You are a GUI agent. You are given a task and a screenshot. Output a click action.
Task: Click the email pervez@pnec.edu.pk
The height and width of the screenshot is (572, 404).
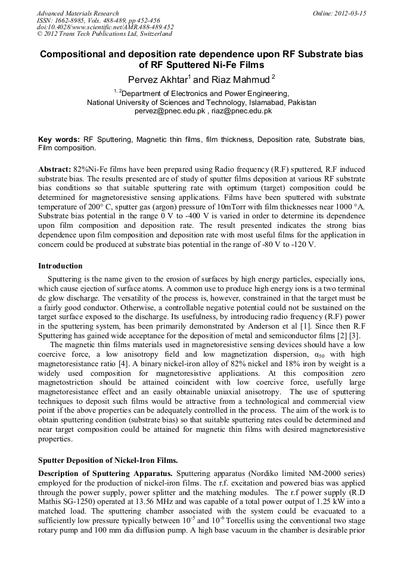pos(170,111)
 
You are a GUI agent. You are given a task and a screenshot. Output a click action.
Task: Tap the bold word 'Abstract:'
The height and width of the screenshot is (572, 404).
pos(54,169)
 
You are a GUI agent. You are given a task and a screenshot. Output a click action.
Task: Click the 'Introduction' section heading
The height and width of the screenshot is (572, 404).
pos(60,265)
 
